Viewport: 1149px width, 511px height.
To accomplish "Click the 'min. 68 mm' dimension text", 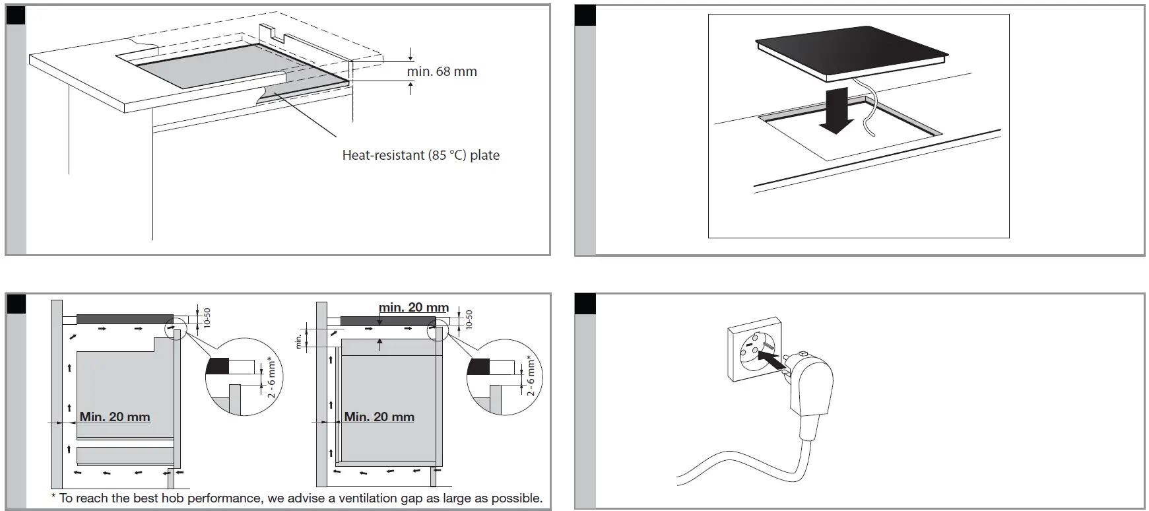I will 442,71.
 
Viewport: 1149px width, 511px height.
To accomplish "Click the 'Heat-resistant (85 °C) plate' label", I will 420,155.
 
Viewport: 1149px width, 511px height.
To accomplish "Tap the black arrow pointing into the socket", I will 771,360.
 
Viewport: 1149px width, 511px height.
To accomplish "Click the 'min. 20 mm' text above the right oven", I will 414,308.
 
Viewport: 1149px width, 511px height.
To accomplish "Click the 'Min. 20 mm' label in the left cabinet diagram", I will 115,417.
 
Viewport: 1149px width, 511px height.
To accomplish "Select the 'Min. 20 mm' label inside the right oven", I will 379,417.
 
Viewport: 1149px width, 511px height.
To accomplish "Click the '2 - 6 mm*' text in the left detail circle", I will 271,377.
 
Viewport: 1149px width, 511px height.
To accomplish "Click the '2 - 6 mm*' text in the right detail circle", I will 531,377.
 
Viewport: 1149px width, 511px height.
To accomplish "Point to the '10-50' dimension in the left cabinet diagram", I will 207,318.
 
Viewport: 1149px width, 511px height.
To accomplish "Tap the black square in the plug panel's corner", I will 585,304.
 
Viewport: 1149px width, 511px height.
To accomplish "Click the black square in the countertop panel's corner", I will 15,15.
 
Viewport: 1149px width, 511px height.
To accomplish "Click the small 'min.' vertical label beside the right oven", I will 298,340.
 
